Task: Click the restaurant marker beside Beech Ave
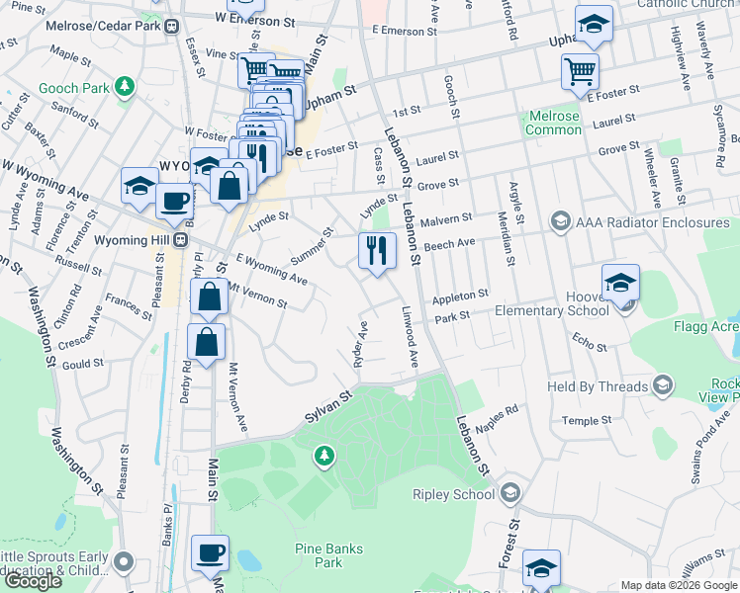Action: tap(377, 250)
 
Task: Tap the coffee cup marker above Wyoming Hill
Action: tap(175, 201)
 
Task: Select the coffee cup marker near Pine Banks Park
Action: tap(210, 553)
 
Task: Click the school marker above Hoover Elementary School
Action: tap(620, 283)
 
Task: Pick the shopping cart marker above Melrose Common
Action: tap(580, 71)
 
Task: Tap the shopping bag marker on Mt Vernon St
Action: tap(210, 296)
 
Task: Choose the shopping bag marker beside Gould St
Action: tap(206, 343)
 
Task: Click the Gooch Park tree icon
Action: tap(125, 89)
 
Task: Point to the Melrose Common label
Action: tap(553, 124)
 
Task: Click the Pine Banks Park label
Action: tap(328, 555)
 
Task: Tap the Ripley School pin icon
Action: tap(510, 493)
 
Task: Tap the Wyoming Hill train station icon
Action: tap(180, 239)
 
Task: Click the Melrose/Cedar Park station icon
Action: tap(172, 26)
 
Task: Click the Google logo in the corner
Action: tap(33, 581)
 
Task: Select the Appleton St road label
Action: tap(460, 296)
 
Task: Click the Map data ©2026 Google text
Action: tap(678, 585)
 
